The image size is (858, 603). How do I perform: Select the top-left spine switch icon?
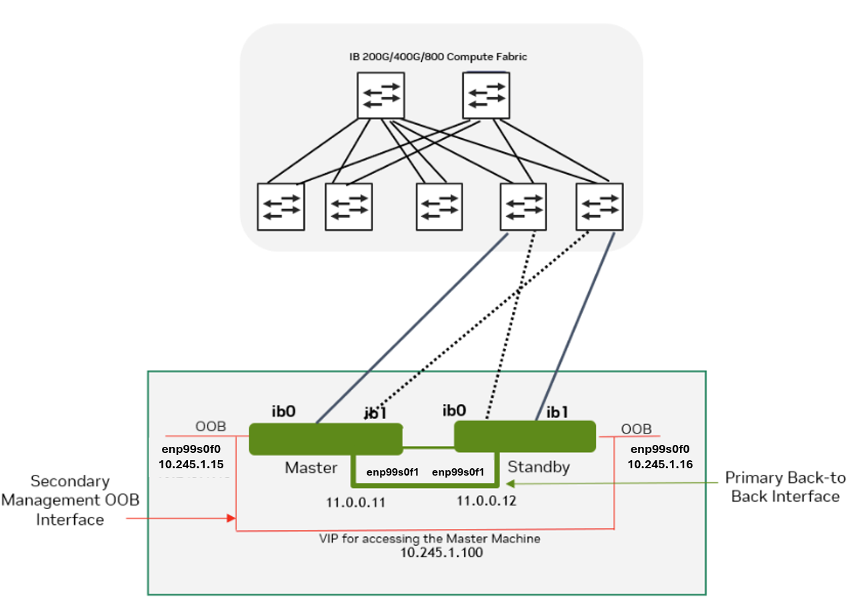(381, 95)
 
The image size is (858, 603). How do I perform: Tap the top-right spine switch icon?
(486, 95)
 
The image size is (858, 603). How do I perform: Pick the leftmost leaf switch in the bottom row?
(281, 206)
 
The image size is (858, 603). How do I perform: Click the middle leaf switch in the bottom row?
(439, 206)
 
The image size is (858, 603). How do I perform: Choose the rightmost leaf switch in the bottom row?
(599, 206)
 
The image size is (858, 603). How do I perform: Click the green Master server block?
(325, 439)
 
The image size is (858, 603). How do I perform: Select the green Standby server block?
(525, 436)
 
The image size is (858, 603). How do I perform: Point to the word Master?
(311, 468)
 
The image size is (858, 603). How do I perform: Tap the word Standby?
(539, 466)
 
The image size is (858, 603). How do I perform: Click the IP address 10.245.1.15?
(191, 464)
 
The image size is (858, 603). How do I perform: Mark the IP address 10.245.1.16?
(659, 463)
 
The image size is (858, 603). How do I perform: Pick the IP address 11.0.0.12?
(487, 500)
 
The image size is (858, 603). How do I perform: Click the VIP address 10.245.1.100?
(442, 553)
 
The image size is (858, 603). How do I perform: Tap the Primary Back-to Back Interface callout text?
(785, 487)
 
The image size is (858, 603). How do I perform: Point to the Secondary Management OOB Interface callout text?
(70, 500)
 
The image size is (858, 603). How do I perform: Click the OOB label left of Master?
(210, 426)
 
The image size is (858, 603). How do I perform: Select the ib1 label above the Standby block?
(557, 412)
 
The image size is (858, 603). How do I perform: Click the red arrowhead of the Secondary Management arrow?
(232, 518)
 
